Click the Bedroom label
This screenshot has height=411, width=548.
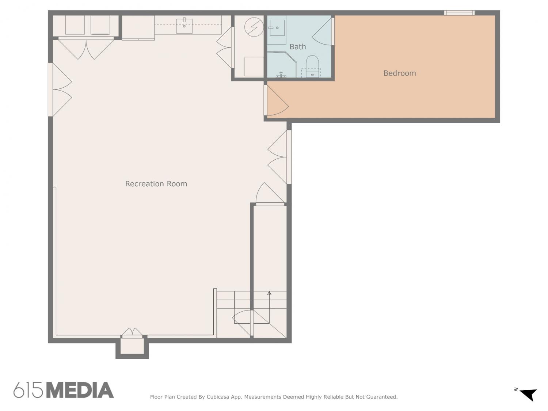399,73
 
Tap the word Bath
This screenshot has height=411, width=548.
298,47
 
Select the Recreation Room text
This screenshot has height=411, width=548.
156,184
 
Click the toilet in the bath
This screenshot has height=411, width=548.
312,66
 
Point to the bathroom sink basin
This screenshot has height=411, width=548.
277,28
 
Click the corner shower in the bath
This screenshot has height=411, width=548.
281,64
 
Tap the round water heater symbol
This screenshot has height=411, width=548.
254,27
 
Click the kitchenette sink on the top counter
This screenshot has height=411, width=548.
184,26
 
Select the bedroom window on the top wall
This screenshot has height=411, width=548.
459,13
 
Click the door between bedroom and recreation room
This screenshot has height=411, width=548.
276,100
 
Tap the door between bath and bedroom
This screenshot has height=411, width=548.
323,31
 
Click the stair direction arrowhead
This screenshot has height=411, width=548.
269,293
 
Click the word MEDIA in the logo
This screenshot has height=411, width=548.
80,390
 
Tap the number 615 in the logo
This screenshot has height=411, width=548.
28,390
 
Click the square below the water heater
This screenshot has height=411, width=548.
254,66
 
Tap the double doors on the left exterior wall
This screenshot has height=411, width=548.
60,90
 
